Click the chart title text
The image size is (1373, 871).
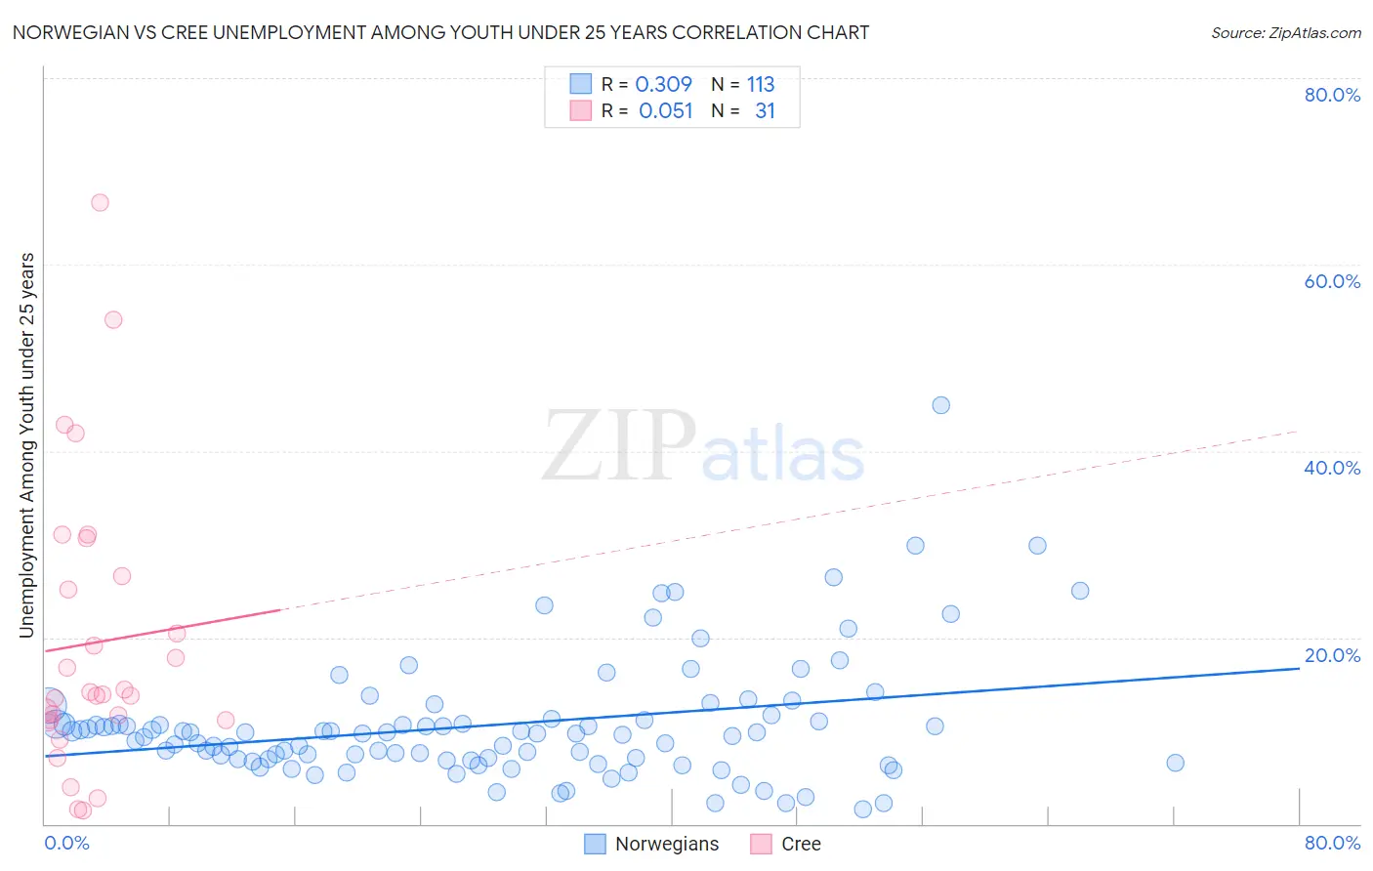coord(440,33)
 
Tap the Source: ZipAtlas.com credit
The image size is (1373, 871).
coord(1285,33)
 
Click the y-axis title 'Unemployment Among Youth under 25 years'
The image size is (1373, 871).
coord(26,445)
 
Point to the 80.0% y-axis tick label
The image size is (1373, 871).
coord(1332,95)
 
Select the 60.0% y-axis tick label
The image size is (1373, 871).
coord(1332,281)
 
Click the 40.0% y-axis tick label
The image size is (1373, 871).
coord(1332,468)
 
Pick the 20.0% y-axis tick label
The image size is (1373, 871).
coord(1332,655)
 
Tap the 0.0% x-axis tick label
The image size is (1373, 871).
coord(67,843)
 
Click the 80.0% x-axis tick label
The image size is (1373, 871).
coord(1332,843)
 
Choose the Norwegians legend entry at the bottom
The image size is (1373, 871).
coord(652,844)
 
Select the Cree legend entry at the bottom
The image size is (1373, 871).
coord(786,844)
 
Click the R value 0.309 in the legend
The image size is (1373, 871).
coord(663,85)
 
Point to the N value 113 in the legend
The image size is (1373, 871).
coord(761,85)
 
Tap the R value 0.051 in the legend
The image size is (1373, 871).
coord(665,111)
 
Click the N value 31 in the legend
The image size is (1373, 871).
coord(765,111)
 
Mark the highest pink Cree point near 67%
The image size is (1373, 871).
coord(100,203)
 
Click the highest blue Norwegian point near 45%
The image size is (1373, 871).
coord(940,405)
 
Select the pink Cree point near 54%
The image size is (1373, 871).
coord(113,319)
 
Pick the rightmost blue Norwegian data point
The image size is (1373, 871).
coord(1175,763)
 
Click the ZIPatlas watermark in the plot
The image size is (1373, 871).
coord(703,447)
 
